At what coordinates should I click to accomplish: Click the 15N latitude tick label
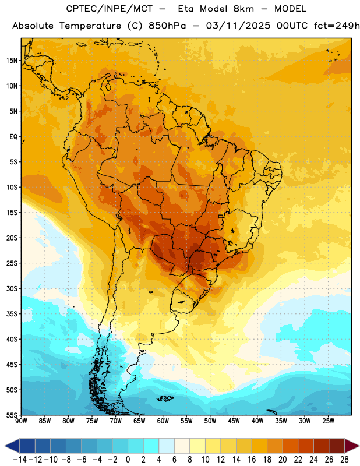(12, 61)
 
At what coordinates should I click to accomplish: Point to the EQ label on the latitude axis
(13, 137)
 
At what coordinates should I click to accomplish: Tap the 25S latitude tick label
(12, 263)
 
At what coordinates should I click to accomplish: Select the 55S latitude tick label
(12, 415)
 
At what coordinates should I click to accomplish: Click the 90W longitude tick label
(21, 421)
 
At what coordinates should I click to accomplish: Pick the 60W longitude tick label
(163, 421)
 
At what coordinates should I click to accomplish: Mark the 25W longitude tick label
(328, 421)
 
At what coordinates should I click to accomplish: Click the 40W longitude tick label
(257, 421)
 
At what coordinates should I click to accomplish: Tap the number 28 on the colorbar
(344, 460)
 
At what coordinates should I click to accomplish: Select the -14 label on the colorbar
(20, 460)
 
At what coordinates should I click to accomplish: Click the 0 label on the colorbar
(128, 460)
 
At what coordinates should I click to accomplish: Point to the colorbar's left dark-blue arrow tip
(5, 446)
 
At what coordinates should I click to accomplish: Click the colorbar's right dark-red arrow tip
(359, 446)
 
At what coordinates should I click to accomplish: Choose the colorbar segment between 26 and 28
(337, 446)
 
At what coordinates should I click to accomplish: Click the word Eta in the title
(185, 9)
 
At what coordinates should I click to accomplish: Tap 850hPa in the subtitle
(167, 26)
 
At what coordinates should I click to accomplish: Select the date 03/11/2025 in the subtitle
(238, 26)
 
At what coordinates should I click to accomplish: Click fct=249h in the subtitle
(337, 26)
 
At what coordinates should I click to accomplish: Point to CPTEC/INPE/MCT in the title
(110, 9)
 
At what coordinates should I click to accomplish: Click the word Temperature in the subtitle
(90, 26)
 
